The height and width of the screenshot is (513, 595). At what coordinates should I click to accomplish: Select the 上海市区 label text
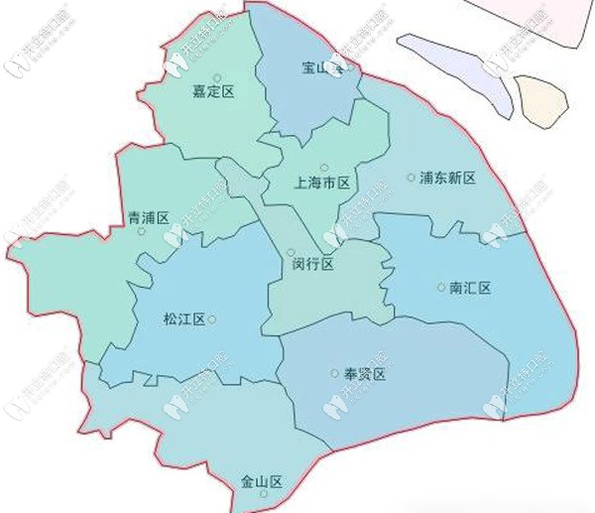click(x=324, y=184)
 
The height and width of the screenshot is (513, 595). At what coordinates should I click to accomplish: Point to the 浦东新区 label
click(x=448, y=178)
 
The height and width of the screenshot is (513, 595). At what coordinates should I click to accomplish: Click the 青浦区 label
click(x=149, y=217)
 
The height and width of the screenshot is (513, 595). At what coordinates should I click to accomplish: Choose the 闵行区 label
click(x=313, y=265)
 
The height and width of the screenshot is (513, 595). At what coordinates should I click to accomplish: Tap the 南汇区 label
click(x=471, y=288)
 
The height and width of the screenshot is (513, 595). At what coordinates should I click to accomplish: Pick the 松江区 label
click(x=183, y=319)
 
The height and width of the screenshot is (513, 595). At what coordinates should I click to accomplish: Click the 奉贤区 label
click(x=364, y=374)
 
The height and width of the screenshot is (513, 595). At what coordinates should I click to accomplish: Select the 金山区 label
click(x=262, y=481)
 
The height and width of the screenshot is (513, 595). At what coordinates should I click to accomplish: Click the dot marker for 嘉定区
click(x=217, y=76)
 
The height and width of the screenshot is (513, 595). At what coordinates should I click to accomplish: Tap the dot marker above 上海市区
click(x=323, y=167)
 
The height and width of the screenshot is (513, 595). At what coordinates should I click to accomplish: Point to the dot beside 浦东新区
click(x=411, y=178)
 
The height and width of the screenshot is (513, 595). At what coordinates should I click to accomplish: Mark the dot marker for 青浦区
click(x=141, y=232)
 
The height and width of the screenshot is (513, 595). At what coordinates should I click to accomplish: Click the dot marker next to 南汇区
click(x=441, y=288)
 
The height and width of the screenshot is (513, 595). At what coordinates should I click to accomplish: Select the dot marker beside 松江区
click(x=211, y=319)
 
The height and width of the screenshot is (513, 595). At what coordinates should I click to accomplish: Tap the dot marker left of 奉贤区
click(x=334, y=374)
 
